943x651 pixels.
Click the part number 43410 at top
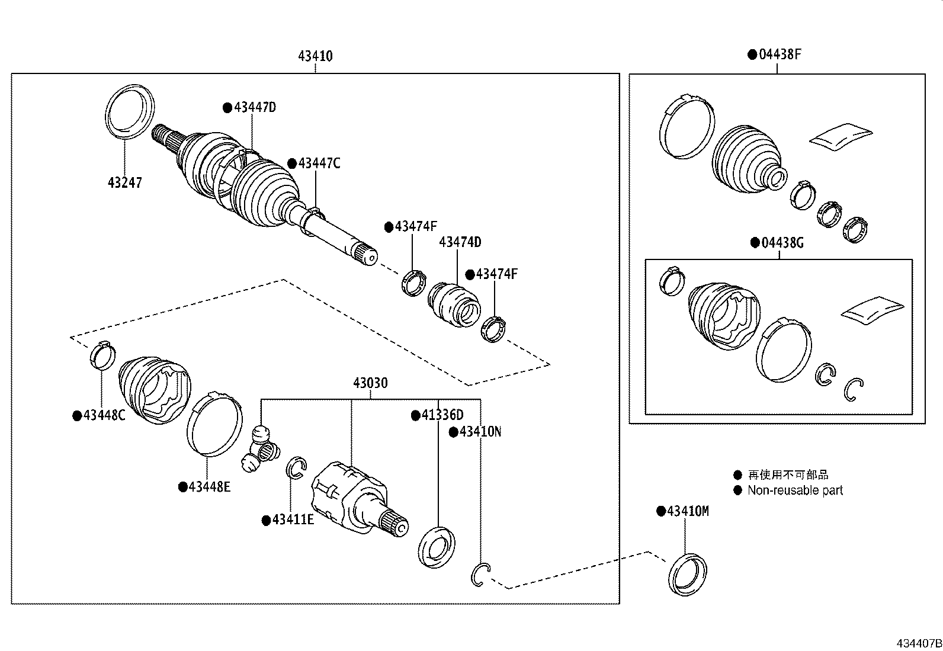coord(315,56)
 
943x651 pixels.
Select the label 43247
coord(125,183)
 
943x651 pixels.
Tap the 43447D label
coord(255,108)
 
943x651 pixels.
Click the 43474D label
coord(460,242)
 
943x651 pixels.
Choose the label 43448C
coord(104,416)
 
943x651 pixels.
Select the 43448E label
coord(209,487)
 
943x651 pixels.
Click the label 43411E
coord(293,520)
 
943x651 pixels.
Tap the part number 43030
coord(370,383)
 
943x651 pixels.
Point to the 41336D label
coord(442,416)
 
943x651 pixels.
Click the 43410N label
coord(480,432)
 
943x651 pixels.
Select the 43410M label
coord(687,511)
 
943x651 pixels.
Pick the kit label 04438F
coord(780,54)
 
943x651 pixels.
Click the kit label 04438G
coord(782,243)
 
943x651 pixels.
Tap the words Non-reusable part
coord(794,490)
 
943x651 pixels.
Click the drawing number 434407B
coord(918,643)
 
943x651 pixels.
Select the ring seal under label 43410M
coord(687,573)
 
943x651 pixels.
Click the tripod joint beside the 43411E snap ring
coord(261,449)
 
